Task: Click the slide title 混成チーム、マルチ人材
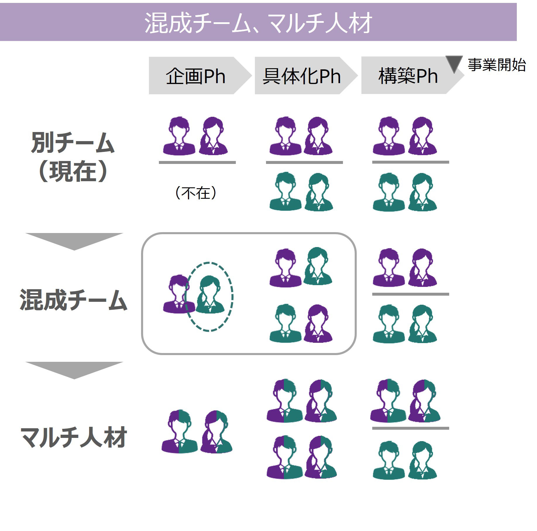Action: coord(258,23)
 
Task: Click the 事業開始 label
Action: coord(497,65)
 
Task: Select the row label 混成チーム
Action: coord(73,300)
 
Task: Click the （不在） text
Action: coord(195,193)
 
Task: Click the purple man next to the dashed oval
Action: coord(177,294)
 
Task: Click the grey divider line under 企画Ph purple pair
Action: coord(197,162)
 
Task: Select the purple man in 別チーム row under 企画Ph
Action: coord(179,136)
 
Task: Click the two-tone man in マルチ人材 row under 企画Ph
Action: coord(179,431)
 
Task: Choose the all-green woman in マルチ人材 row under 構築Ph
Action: coord(422,460)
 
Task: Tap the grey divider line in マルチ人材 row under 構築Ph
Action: coord(410,428)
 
